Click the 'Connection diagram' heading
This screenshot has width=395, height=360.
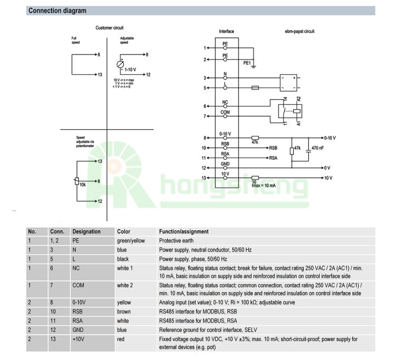tap(57, 11)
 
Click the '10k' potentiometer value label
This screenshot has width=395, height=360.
tap(83, 184)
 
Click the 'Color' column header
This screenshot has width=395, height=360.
tap(123, 231)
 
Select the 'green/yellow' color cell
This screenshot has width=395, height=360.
tap(130, 240)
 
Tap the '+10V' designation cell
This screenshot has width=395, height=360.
tap(79, 339)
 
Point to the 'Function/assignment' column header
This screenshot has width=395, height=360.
tap(184, 231)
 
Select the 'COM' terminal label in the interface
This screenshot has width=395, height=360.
tap(225, 112)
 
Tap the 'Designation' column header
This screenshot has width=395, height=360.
tap(86, 231)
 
